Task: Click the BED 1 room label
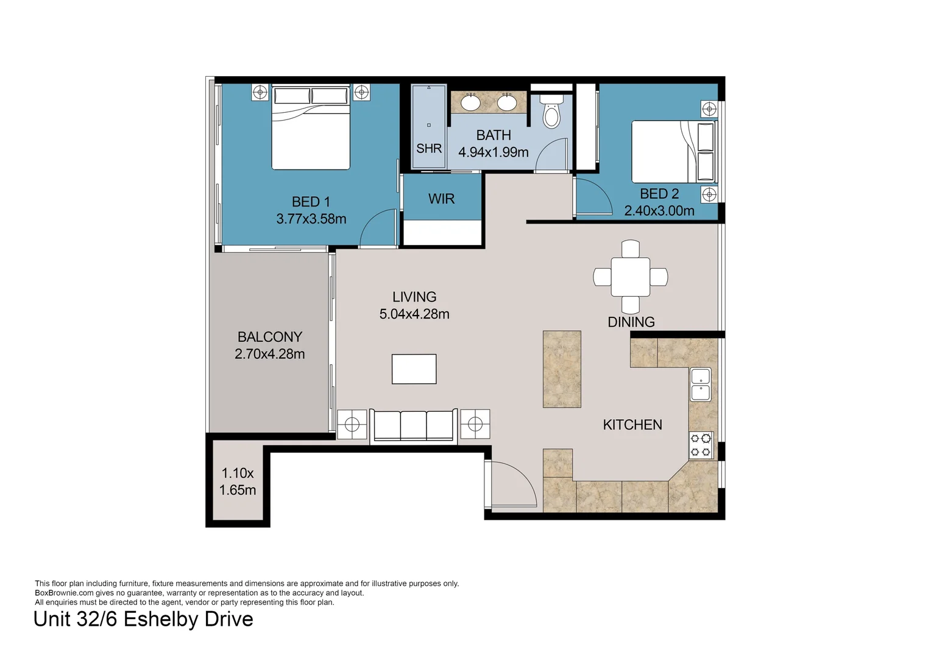[311, 202]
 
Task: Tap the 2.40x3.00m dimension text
[659, 211]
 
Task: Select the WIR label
[441, 199]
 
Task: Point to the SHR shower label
[429, 149]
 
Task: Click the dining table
[631, 277]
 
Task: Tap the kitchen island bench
[562, 369]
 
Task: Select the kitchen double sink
[701, 384]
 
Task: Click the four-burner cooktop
[701, 445]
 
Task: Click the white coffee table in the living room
[414, 369]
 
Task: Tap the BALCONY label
[270, 336]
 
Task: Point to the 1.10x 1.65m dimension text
[238, 481]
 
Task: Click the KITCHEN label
[632, 425]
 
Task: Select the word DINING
[631, 322]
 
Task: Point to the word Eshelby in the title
[162, 620]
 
